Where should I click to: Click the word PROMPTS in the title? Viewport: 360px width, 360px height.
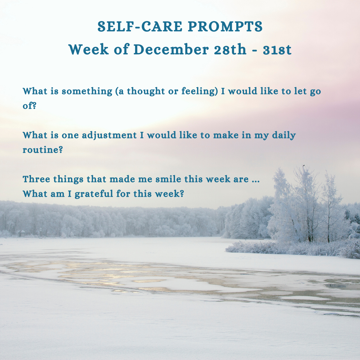[x=225, y=26]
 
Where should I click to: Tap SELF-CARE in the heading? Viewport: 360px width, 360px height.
[x=140, y=26]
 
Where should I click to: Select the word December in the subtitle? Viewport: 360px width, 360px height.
[x=171, y=49]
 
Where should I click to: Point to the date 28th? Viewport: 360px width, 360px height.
[x=230, y=49]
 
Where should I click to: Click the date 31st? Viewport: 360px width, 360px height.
[x=277, y=50]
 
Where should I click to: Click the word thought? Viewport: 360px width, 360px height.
[x=146, y=91]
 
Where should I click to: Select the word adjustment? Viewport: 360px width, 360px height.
[x=109, y=135]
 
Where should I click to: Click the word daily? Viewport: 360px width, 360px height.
[x=284, y=135]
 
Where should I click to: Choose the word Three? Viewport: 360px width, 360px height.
[x=36, y=179]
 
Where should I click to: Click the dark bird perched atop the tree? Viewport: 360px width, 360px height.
[x=304, y=165]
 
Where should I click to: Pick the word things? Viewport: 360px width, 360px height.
[x=68, y=179]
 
